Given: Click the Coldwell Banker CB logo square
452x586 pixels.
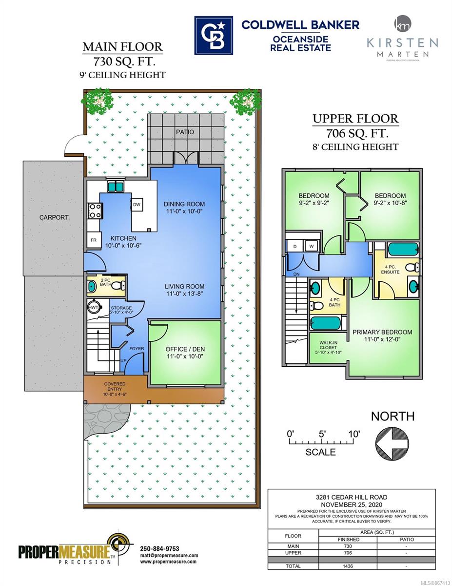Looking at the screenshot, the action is click(214, 35).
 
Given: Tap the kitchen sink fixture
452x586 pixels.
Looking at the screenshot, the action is click(116, 187).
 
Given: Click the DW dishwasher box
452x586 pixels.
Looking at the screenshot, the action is click(137, 205).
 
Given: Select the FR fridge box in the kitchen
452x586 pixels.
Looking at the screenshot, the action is click(94, 240).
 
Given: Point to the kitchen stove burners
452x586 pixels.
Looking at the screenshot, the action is click(95, 211).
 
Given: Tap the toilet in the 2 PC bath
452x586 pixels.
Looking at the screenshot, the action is click(118, 286).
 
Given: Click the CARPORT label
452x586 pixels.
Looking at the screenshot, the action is click(54, 217).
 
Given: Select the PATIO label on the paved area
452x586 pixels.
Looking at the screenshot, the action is click(185, 132).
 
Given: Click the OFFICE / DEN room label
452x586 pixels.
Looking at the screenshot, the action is click(185, 349).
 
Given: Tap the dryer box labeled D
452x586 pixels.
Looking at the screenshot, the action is click(295, 246).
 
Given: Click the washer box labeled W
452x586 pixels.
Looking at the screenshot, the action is click(312, 246).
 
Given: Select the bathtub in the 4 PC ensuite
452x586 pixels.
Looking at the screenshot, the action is click(403, 250).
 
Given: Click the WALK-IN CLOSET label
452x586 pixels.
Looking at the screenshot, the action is click(328, 347).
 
